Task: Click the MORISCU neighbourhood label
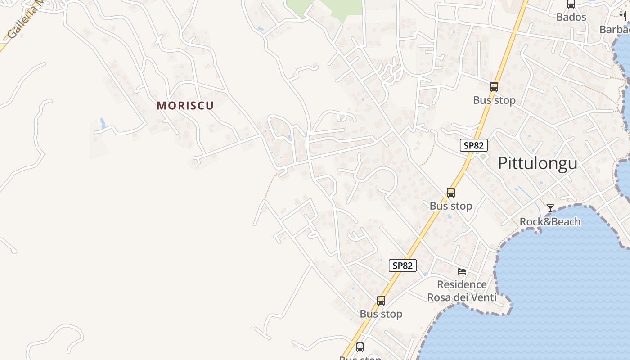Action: click(x=185, y=106)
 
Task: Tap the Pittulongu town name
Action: click(x=537, y=163)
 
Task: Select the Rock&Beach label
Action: click(x=550, y=222)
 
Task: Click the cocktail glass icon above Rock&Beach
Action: click(x=550, y=208)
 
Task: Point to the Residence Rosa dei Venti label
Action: click(x=462, y=291)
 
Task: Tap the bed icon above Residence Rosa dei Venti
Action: click(x=462, y=271)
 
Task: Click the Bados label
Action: click(x=571, y=17)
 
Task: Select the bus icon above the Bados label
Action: click(x=571, y=4)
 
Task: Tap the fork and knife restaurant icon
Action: click(x=623, y=16)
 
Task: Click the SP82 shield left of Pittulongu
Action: click(x=474, y=145)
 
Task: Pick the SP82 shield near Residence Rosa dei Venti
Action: click(x=402, y=265)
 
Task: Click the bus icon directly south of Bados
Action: click(x=494, y=87)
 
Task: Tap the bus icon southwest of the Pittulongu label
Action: click(x=451, y=193)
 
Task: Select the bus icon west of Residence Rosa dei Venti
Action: click(x=381, y=301)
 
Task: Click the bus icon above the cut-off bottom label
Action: click(x=360, y=347)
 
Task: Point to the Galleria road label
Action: click(x=25, y=20)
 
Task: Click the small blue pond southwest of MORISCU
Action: click(x=103, y=123)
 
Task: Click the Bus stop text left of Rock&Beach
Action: click(x=450, y=206)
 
